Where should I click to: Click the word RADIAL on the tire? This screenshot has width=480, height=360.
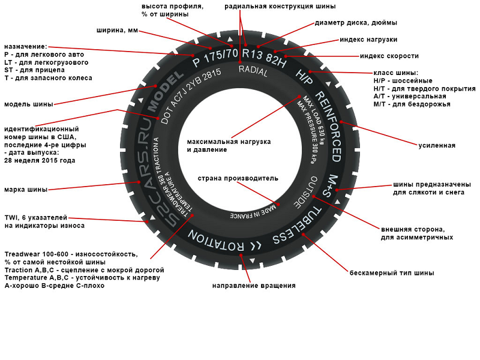tap(253, 69)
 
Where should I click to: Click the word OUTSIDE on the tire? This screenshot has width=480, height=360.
tap(304, 193)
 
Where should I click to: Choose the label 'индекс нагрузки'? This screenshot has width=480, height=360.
tap(368, 40)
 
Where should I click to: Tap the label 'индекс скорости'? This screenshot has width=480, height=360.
tap(389, 56)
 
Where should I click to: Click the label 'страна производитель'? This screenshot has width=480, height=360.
tap(238, 178)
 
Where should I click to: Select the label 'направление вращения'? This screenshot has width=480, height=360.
tap(254, 286)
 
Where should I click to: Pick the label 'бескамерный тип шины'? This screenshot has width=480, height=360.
tap(392, 273)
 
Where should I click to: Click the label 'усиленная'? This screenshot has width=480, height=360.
tap(437, 145)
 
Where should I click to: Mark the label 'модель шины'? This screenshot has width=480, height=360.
tap(28, 104)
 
